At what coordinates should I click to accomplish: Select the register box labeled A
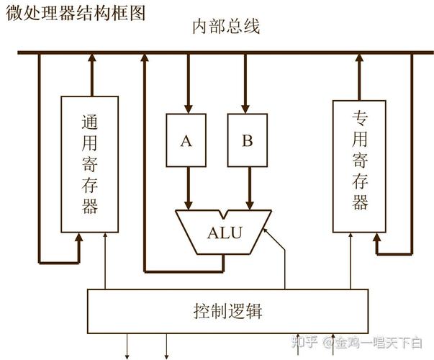point(186,140)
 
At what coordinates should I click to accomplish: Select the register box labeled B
point(248,140)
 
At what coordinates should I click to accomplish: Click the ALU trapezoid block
point(225,232)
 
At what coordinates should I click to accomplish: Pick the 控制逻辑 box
point(227,311)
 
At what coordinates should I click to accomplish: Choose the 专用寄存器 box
point(360,166)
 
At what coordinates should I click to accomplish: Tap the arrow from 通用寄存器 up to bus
point(90,76)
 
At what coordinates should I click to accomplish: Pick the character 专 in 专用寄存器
point(360,117)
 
